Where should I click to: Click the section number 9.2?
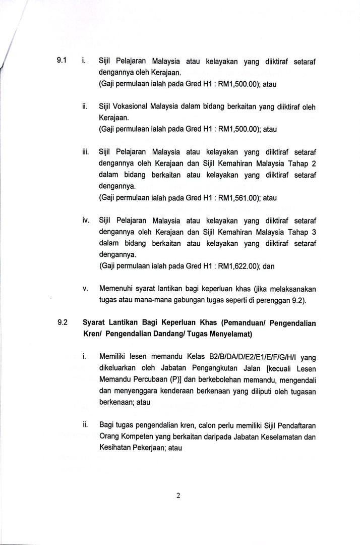pyautogui.click(x=63, y=323)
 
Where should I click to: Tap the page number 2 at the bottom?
pyautogui.click(x=178, y=496)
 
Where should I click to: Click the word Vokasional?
pyautogui.click(x=133, y=107)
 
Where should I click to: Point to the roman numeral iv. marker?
pyautogui.click(x=86, y=220)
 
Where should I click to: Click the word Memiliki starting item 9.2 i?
pyautogui.click(x=114, y=357)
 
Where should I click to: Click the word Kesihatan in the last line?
pyautogui.click(x=117, y=447)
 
